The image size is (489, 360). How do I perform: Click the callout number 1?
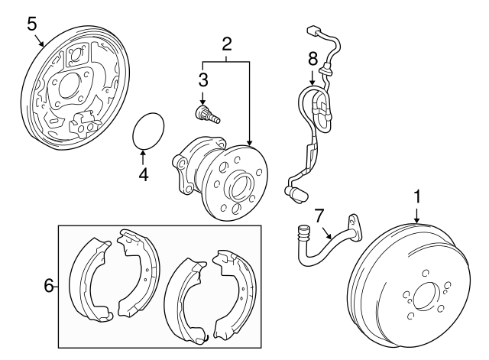pos(417,197)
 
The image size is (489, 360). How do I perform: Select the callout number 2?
pos(226,44)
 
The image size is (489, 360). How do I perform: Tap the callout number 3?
pos(203,79)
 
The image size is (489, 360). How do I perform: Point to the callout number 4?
pos(143,173)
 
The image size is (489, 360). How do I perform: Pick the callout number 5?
pos(31,23)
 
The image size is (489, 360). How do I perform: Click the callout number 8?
pos(312,57)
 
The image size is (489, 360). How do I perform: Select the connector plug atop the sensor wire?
pos(312,32)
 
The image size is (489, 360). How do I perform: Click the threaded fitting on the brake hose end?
pos(302,229)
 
